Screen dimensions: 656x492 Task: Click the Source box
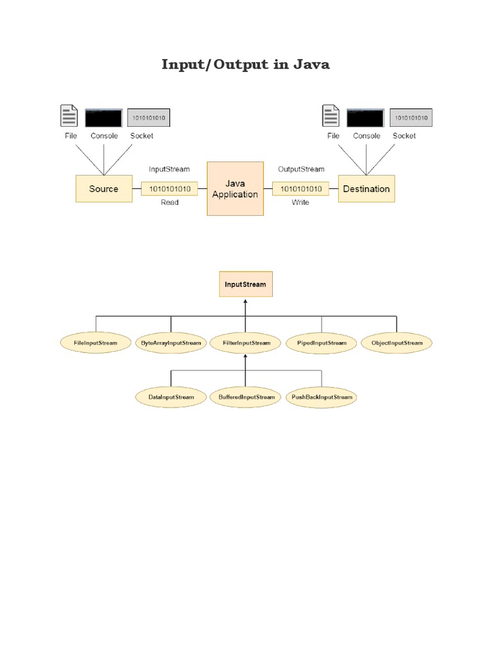[104, 189]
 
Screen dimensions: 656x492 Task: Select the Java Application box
[235, 189]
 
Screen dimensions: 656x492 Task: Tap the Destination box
[366, 189]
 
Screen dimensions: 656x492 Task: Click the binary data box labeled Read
[170, 189]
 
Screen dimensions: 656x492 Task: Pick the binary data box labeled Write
[301, 189]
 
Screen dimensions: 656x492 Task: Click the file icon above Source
[69, 116]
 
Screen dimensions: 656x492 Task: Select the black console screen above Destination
[365, 118]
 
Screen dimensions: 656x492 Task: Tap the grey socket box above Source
[149, 118]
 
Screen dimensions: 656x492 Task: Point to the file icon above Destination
[331, 116]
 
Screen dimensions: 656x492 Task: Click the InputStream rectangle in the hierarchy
[245, 284]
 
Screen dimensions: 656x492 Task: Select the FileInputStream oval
[96, 343]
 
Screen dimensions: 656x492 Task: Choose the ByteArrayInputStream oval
[170, 343]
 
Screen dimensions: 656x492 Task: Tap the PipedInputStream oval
[322, 343]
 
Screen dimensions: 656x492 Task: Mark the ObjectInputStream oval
[397, 343]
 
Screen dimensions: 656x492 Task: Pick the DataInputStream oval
[171, 397]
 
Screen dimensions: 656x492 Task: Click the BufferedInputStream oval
[246, 397]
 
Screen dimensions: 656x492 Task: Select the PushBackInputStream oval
[322, 397]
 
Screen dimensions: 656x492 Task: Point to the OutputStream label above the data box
[301, 169]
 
